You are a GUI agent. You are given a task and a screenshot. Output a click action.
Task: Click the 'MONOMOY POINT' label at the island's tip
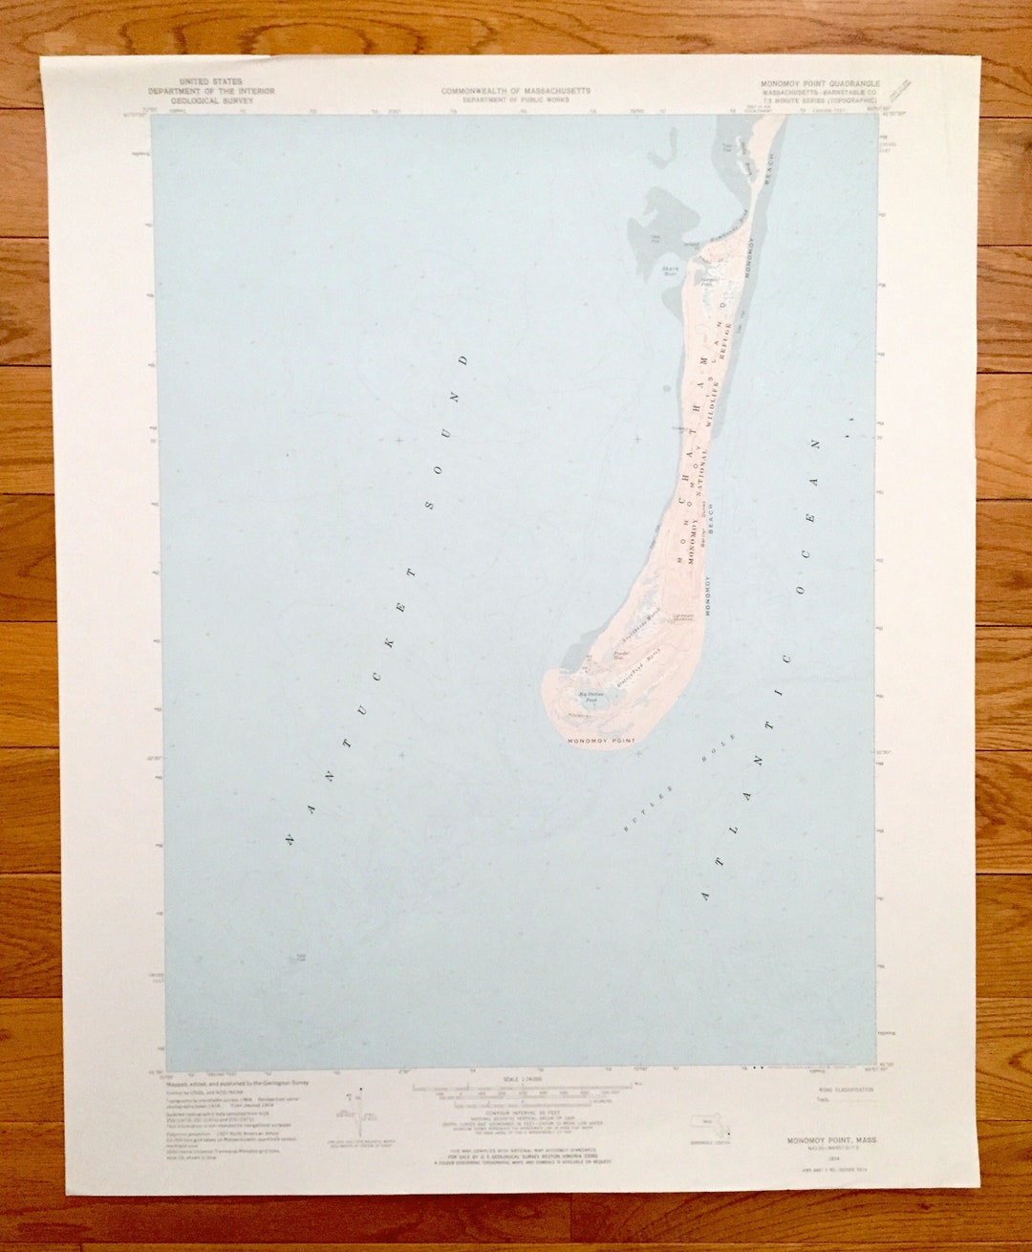tap(601, 742)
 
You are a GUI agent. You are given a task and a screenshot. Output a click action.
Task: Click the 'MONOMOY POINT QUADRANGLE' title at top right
tap(820, 84)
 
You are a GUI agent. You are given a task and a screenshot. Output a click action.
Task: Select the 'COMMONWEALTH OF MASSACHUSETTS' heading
tap(515, 91)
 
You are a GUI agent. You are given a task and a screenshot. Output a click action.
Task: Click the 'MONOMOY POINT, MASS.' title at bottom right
tap(831, 1140)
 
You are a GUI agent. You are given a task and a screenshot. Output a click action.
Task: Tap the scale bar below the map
tap(520, 1088)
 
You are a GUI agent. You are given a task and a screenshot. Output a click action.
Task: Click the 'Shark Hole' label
tap(670, 270)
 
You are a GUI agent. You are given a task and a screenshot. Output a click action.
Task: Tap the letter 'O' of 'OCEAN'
tap(801, 591)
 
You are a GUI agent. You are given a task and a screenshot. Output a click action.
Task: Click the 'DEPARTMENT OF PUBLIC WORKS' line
tap(515, 99)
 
